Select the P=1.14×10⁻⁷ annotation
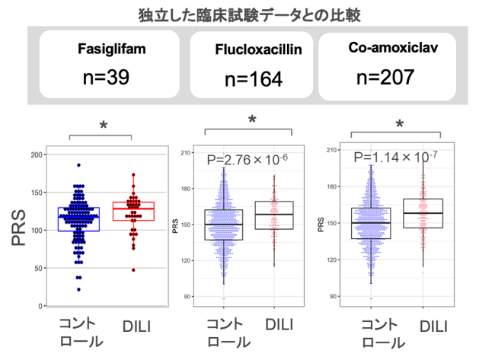tap(393, 158)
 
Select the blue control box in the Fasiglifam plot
tap(78, 218)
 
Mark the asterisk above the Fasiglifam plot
tap(101, 125)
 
